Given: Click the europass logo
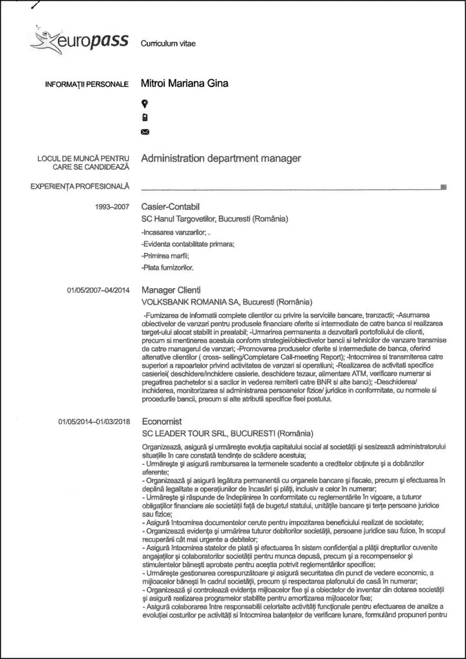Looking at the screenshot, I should pyautogui.click(x=80, y=41).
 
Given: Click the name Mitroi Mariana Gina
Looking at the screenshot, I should pyautogui.click(x=184, y=83).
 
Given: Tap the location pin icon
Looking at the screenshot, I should pyautogui.click(x=144, y=103).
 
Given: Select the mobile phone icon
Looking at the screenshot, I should pyautogui.click(x=144, y=117).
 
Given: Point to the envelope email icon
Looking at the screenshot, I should pyautogui.click(x=144, y=132).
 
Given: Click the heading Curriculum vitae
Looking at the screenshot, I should pyautogui.click(x=168, y=43).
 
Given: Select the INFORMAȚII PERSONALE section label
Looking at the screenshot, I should pyautogui.click(x=87, y=84).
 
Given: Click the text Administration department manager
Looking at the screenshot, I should pyautogui.click(x=221, y=159).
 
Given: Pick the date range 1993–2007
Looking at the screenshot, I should pyautogui.click(x=112, y=207).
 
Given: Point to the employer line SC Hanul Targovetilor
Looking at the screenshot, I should pyautogui.click(x=214, y=219).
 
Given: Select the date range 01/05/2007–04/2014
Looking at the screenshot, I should pyautogui.click(x=98, y=290).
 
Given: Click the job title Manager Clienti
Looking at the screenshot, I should pyautogui.click(x=171, y=290).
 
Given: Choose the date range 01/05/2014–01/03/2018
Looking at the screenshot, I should pyautogui.click(x=94, y=422).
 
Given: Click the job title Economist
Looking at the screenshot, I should pyautogui.click(x=162, y=422).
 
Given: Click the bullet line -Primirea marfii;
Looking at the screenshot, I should pyautogui.click(x=162, y=255).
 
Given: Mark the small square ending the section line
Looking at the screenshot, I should pyautogui.click(x=443, y=187).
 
